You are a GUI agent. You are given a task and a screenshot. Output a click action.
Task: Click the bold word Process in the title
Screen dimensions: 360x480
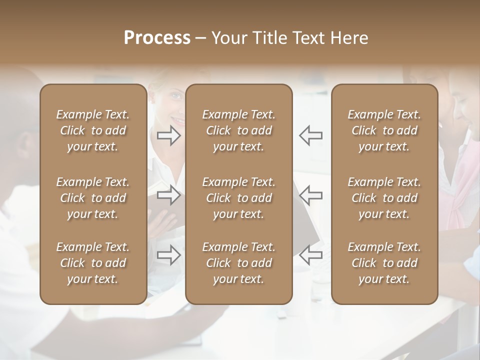pyautogui.click(x=157, y=37)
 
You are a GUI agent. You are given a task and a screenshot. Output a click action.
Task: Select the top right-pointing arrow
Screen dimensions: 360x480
pyautogui.click(x=169, y=135)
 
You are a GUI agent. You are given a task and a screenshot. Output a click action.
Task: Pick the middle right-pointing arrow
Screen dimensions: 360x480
pyautogui.click(x=169, y=195)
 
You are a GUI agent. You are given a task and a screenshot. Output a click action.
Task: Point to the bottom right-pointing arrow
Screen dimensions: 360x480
pyautogui.click(x=169, y=255)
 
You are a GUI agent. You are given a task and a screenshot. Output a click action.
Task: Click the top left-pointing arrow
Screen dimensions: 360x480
pyautogui.click(x=310, y=135)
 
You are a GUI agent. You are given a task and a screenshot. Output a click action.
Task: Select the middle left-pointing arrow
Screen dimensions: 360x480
pyautogui.click(x=310, y=195)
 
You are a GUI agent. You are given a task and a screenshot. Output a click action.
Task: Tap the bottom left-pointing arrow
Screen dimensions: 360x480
pyautogui.click(x=310, y=255)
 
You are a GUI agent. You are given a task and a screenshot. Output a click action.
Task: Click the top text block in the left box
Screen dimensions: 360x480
pyautogui.click(x=93, y=130)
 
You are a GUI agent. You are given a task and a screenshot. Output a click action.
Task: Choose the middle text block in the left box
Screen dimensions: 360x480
pyautogui.click(x=93, y=198)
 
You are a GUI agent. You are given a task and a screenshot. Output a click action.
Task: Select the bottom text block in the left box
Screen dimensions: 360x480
pyautogui.click(x=93, y=263)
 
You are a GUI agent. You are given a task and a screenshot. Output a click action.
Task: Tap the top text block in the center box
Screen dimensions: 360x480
pyautogui.click(x=238, y=130)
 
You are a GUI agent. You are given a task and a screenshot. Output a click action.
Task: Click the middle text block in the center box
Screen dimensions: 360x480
pyautogui.click(x=238, y=198)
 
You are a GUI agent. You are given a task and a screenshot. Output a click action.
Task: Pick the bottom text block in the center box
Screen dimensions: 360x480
pyautogui.click(x=238, y=263)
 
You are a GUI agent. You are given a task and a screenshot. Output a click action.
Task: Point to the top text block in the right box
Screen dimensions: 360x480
pyautogui.click(x=384, y=130)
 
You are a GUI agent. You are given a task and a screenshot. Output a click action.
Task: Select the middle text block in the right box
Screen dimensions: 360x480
pyautogui.click(x=384, y=198)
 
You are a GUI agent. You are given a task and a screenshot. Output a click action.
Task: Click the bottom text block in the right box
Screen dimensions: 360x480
pyautogui.click(x=384, y=263)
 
